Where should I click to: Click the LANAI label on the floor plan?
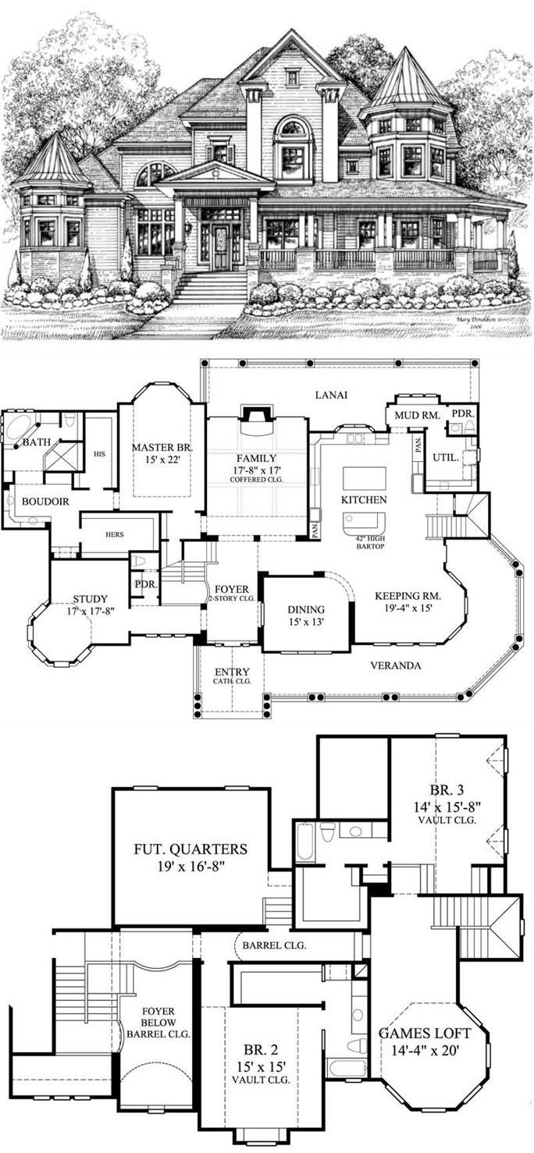click(332, 395)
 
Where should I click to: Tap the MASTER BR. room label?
click(162, 447)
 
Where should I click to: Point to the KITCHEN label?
click(364, 499)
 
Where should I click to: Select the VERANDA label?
click(395, 665)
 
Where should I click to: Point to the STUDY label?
click(91, 599)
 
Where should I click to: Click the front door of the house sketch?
click(222, 248)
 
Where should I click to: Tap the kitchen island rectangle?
click(364, 477)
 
